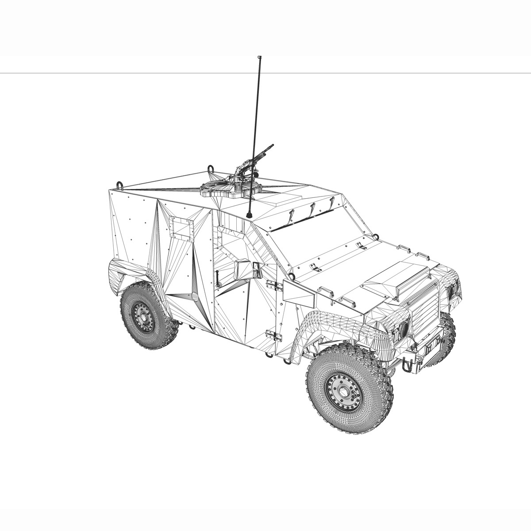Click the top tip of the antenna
[x=259, y=57]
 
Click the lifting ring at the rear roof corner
[x=119, y=184]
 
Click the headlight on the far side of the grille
[x=452, y=292]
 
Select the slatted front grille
[x=425, y=310]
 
